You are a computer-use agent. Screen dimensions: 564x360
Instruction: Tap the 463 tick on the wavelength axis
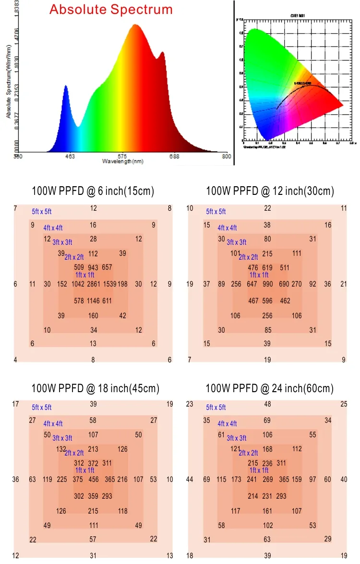(70, 156)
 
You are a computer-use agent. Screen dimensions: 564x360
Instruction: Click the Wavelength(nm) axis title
(122, 162)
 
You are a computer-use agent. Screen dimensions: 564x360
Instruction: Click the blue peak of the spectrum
(66, 86)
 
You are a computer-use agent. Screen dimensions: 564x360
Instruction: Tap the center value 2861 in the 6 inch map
(93, 284)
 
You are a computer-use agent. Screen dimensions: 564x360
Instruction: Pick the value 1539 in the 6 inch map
(109, 284)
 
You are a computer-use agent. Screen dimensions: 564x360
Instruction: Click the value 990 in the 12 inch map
(267, 284)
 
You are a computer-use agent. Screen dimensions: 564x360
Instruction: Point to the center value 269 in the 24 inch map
(267, 479)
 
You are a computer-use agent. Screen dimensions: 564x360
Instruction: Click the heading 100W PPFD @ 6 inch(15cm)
(93, 191)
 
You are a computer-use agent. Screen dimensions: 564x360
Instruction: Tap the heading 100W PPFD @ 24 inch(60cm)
(269, 388)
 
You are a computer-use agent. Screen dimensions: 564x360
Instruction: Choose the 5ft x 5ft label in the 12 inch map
(216, 211)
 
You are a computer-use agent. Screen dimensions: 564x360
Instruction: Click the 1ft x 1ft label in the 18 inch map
(84, 470)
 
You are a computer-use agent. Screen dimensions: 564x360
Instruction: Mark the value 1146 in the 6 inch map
(93, 301)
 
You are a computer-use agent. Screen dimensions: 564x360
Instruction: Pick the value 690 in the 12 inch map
(284, 284)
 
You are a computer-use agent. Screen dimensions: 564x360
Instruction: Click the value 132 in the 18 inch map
(61, 449)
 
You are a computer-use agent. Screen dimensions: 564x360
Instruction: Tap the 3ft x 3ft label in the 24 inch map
(237, 438)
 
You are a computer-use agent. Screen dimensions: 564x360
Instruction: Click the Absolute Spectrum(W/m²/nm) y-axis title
(8, 82)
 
